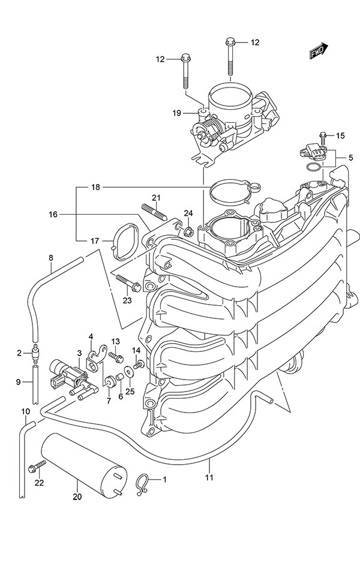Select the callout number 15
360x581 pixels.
click(x=341, y=136)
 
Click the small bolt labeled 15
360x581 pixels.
click(x=323, y=136)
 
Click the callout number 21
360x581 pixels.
click(x=156, y=198)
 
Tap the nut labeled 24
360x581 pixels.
click(x=188, y=231)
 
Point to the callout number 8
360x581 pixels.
click(x=51, y=258)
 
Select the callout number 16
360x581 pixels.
click(x=53, y=213)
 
